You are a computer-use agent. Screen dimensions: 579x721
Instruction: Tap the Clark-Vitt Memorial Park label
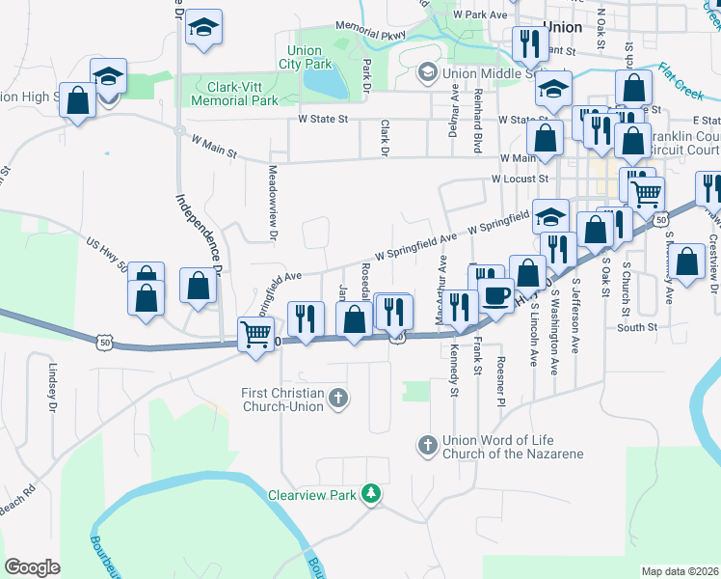(x=234, y=94)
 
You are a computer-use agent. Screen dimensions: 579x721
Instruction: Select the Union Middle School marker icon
(x=427, y=72)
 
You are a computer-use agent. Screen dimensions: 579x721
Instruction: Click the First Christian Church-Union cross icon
(x=337, y=398)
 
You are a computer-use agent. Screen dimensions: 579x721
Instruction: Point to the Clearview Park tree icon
(x=369, y=496)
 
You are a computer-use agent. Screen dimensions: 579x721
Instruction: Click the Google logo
(x=33, y=566)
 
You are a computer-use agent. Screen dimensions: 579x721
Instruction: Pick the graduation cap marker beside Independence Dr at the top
(x=203, y=27)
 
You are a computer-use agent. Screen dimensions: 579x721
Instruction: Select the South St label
(x=637, y=327)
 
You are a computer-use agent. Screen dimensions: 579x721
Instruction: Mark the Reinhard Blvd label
(x=476, y=120)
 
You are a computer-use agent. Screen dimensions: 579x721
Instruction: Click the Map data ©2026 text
(x=679, y=571)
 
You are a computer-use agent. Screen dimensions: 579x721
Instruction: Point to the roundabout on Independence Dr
(x=179, y=129)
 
